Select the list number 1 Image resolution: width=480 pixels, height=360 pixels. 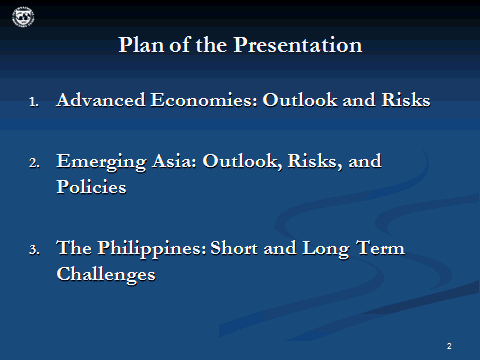[x=33, y=102]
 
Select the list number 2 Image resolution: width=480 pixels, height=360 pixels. [x=33, y=162]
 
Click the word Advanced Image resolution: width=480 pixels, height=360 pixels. [x=98, y=100]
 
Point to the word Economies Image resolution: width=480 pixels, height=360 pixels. [x=188, y=100]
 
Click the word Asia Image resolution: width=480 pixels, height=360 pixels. [x=165, y=160]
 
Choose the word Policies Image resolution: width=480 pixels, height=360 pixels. [x=91, y=187]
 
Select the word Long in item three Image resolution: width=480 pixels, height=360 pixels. [x=320, y=247]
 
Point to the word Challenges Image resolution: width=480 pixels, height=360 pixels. [x=106, y=274]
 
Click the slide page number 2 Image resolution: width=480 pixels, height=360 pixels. [x=449, y=345]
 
